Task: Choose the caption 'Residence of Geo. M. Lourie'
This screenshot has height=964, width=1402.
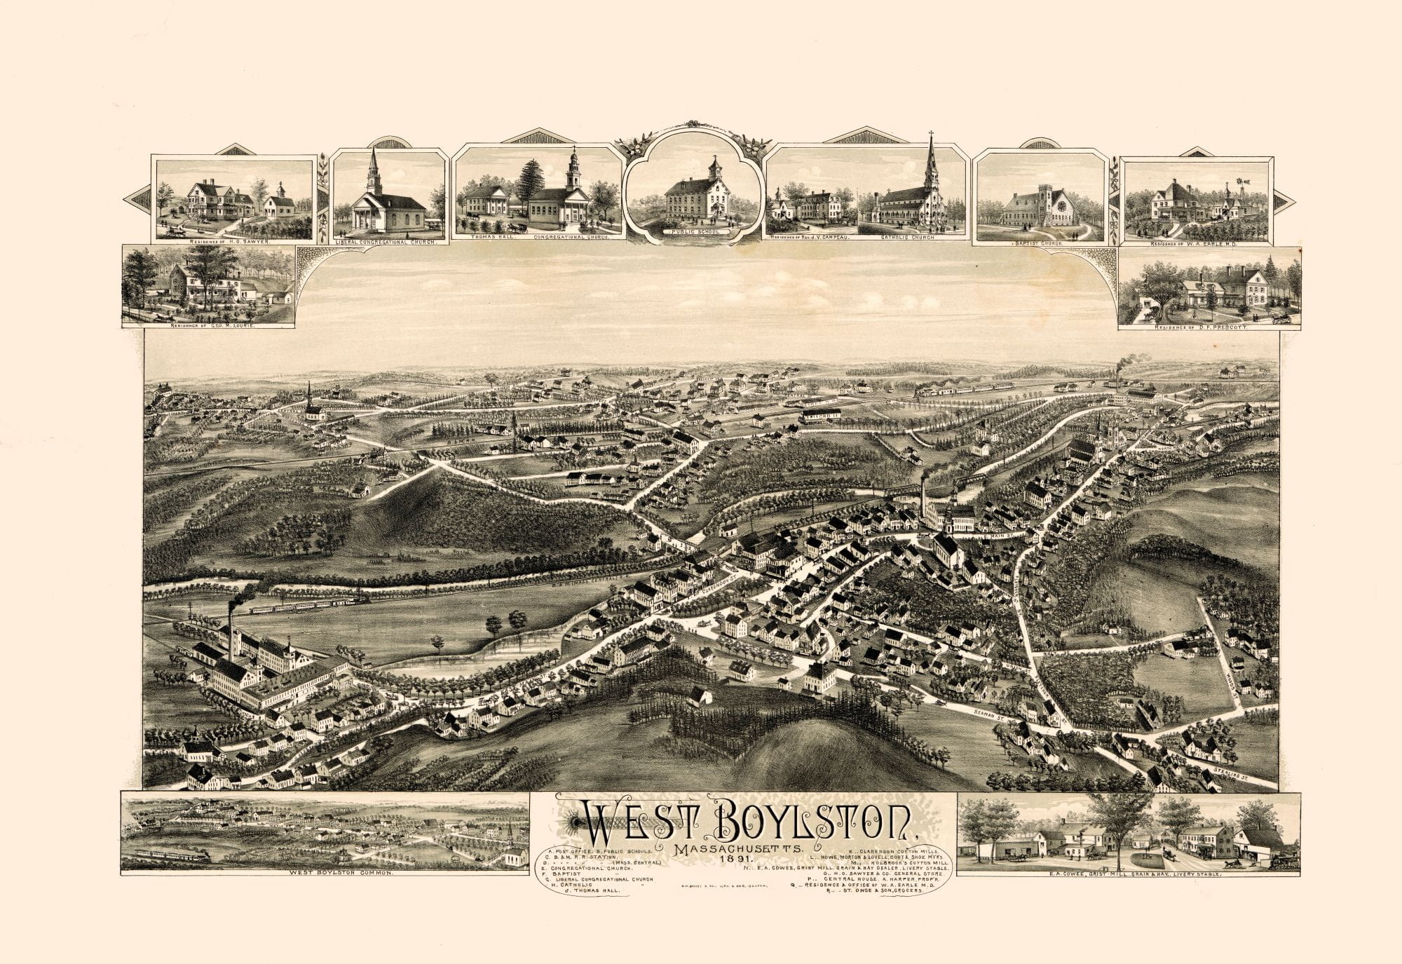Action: (208, 326)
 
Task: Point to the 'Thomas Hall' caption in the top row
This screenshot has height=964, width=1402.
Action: (489, 238)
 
